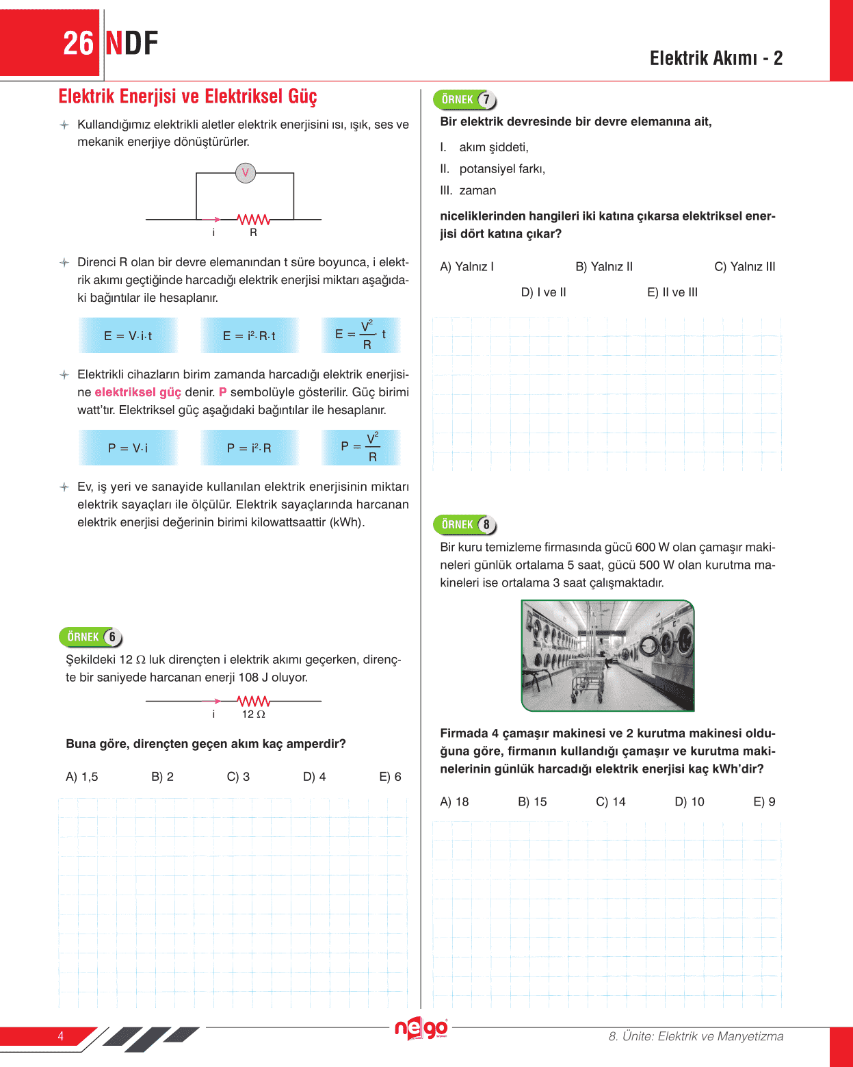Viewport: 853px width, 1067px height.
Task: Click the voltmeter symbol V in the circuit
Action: [245, 173]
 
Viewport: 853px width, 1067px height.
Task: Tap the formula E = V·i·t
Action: [128, 335]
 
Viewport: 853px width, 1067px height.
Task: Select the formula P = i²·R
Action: [249, 448]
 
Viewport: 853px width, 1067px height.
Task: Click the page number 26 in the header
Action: [78, 44]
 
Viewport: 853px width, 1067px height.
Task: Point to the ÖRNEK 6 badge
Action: [91, 637]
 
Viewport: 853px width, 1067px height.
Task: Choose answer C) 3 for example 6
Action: [238, 777]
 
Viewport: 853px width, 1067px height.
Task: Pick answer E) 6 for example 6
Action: [390, 777]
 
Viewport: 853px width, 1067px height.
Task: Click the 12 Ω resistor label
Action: [253, 714]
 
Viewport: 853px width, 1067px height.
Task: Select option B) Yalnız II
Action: [604, 267]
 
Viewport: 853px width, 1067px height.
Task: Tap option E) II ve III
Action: [672, 292]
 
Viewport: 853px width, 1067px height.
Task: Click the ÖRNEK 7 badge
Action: [465, 100]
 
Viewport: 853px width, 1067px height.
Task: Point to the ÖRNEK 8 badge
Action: [465, 525]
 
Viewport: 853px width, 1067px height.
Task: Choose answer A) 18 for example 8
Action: [454, 801]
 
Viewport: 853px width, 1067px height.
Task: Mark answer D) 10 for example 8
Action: [689, 801]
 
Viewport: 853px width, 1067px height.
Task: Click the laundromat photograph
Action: [607, 656]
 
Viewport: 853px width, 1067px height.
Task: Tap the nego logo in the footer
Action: [421, 1029]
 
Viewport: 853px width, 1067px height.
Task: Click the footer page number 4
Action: [61, 1036]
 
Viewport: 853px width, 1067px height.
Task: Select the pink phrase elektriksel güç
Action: [137, 392]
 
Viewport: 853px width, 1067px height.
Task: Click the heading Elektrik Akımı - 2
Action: [716, 58]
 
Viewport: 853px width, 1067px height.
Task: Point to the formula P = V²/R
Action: [360, 448]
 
